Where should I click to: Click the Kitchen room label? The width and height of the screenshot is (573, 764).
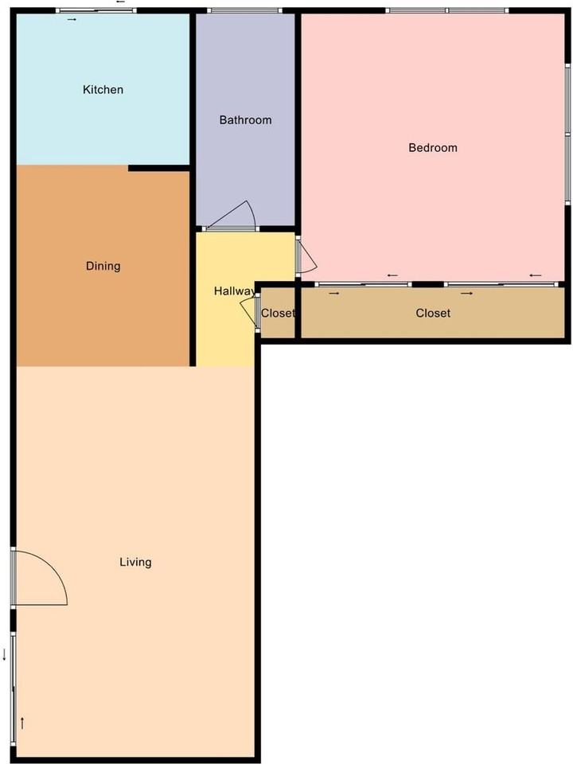pos(103,90)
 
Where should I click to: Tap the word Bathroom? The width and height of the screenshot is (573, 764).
pos(245,120)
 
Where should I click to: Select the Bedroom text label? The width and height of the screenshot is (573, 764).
pos(433,148)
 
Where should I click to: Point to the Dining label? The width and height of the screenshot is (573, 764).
pos(103,266)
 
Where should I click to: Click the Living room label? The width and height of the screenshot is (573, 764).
pos(135,563)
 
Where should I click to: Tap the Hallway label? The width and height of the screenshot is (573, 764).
pos(234,291)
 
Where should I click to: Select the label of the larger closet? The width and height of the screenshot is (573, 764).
pos(433,313)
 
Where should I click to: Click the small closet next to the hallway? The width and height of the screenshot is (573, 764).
pos(279,313)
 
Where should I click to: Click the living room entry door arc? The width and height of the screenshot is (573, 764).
pos(53,567)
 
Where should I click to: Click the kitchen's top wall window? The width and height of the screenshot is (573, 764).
pos(96,10)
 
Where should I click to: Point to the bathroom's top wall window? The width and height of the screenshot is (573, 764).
pos(244,10)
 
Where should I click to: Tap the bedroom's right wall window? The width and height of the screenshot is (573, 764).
pos(567,133)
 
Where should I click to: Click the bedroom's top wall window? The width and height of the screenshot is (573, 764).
pos(446,10)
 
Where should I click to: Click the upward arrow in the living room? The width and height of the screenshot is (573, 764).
pos(22,723)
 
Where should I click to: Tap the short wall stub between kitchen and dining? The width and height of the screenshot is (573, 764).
pos(159,168)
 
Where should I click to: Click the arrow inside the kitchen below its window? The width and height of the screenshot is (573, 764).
pos(72,19)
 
